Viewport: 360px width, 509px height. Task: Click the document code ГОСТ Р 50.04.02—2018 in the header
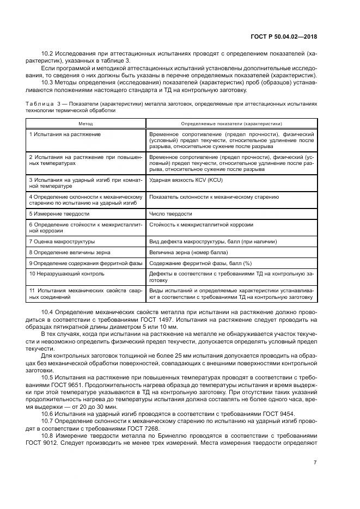click(285, 36)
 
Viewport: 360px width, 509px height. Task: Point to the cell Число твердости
click(170, 213)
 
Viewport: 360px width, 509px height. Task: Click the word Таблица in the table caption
click(38, 103)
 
